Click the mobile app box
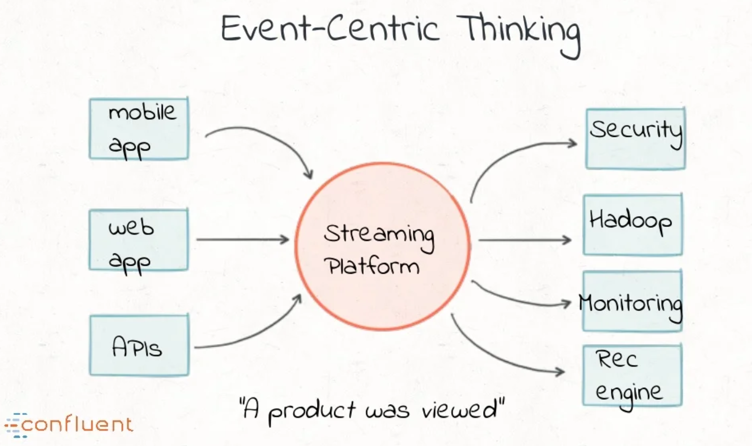(x=139, y=129)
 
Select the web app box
(x=139, y=240)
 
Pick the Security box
(x=636, y=139)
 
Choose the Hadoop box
(x=633, y=225)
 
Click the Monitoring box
(x=632, y=301)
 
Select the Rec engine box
(x=632, y=375)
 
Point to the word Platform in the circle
(x=372, y=266)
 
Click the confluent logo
(x=69, y=424)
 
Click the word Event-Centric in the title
(x=330, y=29)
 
